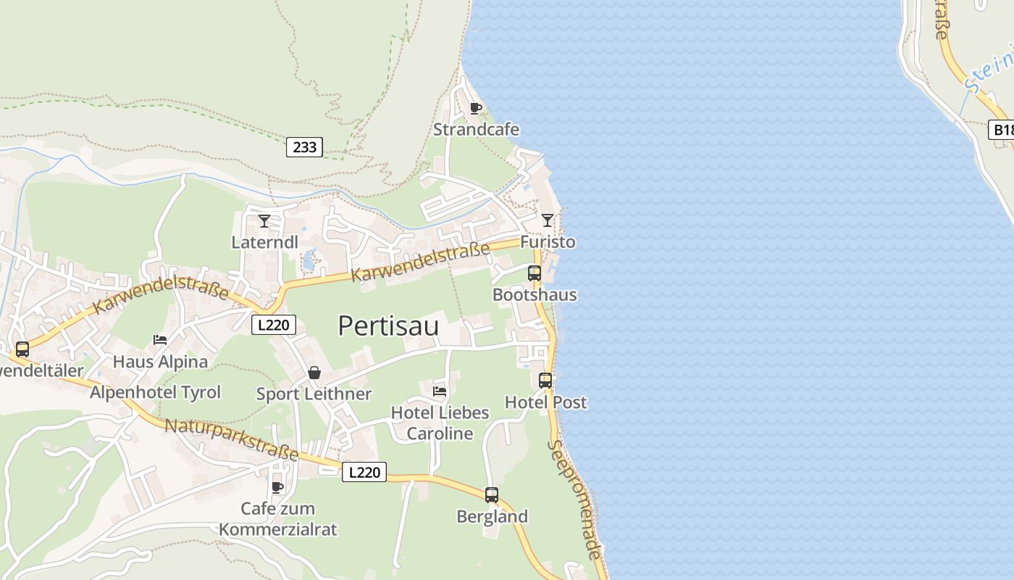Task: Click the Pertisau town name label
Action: pyautogui.click(x=388, y=326)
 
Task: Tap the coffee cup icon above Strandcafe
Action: pyautogui.click(x=476, y=109)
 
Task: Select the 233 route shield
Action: pyautogui.click(x=305, y=147)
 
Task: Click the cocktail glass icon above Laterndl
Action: pyautogui.click(x=264, y=220)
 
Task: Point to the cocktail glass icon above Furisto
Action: pyautogui.click(x=548, y=220)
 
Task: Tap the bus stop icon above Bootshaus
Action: pyautogui.click(x=535, y=273)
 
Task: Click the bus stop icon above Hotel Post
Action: pyautogui.click(x=545, y=381)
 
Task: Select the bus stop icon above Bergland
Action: pyautogui.click(x=492, y=495)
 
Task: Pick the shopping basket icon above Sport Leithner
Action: pyautogui.click(x=314, y=373)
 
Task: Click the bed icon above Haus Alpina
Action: pyautogui.click(x=160, y=339)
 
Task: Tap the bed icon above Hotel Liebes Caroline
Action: pyautogui.click(x=440, y=391)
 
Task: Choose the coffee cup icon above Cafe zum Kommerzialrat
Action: pyautogui.click(x=277, y=487)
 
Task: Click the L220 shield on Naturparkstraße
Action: pyautogui.click(x=364, y=472)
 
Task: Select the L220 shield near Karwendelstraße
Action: pyautogui.click(x=274, y=325)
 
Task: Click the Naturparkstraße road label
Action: pyautogui.click(x=232, y=439)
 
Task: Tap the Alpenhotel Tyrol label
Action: pyautogui.click(x=155, y=392)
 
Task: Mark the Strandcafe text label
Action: pyautogui.click(x=476, y=130)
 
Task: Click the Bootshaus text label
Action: pyautogui.click(x=535, y=294)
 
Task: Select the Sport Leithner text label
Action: pyautogui.click(x=314, y=394)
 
